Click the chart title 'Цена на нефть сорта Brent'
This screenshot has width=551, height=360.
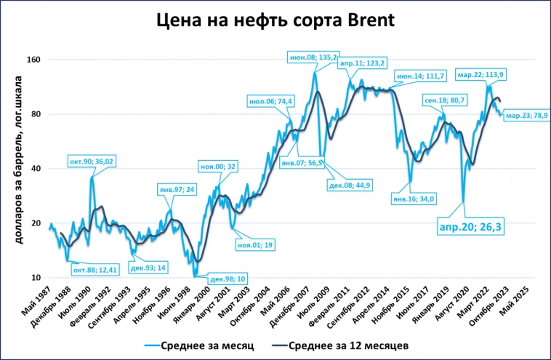point(275,20)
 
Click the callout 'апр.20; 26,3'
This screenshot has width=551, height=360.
point(472,227)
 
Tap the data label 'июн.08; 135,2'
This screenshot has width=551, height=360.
point(313,56)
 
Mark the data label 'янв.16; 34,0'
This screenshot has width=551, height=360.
point(412,199)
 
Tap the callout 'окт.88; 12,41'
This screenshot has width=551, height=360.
point(94,271)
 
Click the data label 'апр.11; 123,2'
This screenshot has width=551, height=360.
point(362,63)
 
